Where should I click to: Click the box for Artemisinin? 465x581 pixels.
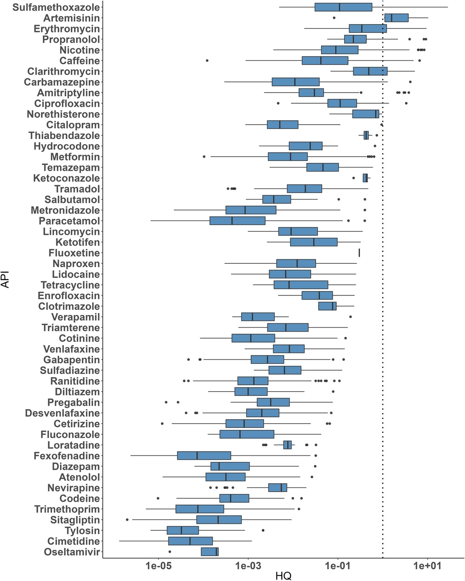[x=396, y=18]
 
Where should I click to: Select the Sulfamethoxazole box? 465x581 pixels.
[x=343, y=7]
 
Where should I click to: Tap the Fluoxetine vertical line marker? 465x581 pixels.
[x=359, y=253]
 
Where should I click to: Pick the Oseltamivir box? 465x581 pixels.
[x=210, y=552]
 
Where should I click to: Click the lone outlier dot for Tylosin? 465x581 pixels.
[x=263, y=530]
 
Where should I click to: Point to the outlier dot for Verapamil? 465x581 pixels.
[x=350, y=317]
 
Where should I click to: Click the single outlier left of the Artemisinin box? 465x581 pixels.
[x=334, y=18]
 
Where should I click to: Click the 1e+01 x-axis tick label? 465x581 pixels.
[x=427, y=566]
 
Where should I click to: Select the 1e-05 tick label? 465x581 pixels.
[x=159, y=566]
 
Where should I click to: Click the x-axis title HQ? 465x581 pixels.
[x=283, y=576]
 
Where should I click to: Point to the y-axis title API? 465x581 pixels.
[x=6, y=280]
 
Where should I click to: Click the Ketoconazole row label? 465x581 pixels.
[x=66, y=178]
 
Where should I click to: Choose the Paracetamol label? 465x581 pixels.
[x=69, y=221]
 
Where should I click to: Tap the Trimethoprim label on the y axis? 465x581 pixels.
[x=67, y=509]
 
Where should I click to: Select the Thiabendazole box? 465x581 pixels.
[x=366, y=135]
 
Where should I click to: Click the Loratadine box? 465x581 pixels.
[x=287, y=445]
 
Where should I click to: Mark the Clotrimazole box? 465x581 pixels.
[x=327, y=306]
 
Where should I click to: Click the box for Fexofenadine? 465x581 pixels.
[x=204, y=455]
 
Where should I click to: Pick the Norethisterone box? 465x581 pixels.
[x=365, y=114]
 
